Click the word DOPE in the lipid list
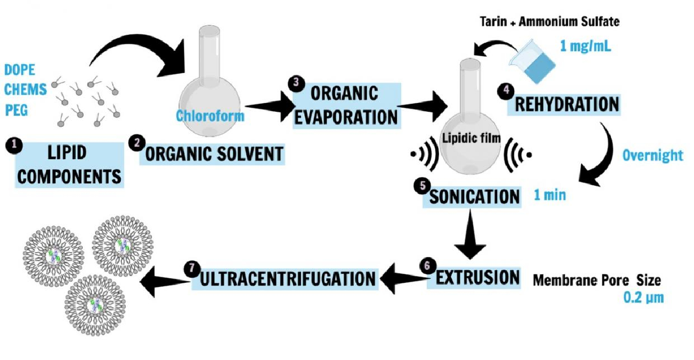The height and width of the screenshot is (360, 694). pos(20,70)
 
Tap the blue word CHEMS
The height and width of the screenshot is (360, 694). pos(25,89)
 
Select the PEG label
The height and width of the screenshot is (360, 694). pos(16,109)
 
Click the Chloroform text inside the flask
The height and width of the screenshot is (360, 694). pos(210,116)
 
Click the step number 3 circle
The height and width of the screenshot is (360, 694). pos(296,83)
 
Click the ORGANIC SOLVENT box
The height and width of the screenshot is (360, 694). pos(214,154)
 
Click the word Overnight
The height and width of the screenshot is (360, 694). pos(652,155)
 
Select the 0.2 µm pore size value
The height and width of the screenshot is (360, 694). pos(643,298)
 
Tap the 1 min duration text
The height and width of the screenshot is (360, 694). pos(549,195)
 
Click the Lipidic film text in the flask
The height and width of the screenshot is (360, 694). pos(471,140)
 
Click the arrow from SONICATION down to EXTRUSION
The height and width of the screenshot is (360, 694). pos(471,235)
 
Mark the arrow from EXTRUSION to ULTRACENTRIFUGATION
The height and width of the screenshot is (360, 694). pos(403,280)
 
